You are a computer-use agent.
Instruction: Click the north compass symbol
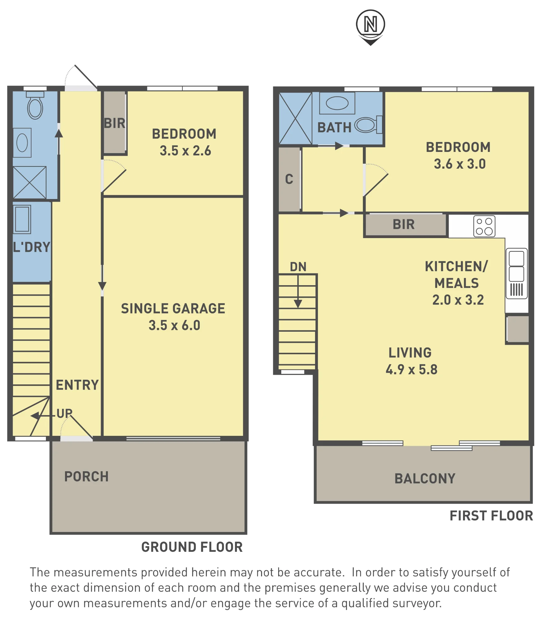pos(370,27)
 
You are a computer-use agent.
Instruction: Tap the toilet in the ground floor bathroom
pos(35,105)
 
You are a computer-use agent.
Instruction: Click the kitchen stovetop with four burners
pos(484,226)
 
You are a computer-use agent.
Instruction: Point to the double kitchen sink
pos(517,273)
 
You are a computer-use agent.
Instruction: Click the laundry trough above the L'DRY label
pos(22,219)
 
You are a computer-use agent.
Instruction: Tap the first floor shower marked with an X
pos(296,118)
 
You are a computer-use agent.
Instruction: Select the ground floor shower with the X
pos(30,183)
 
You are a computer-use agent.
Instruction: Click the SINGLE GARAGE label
pos(173,309)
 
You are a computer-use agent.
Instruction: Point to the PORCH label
pos(87,477)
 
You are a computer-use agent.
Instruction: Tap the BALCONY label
pos(425,479)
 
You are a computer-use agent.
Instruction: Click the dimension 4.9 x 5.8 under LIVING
pos(412,370)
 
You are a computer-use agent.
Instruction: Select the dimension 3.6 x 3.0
pos(460,164)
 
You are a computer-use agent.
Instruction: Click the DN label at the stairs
pos(298,267)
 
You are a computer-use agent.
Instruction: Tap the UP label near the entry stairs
pos(65,414)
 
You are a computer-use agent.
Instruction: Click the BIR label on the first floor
pos(404,224)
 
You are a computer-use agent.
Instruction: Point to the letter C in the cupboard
pos(289,179)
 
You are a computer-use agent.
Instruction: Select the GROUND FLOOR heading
pos(192,547)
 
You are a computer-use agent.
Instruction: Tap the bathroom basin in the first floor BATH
pos(337,103)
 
